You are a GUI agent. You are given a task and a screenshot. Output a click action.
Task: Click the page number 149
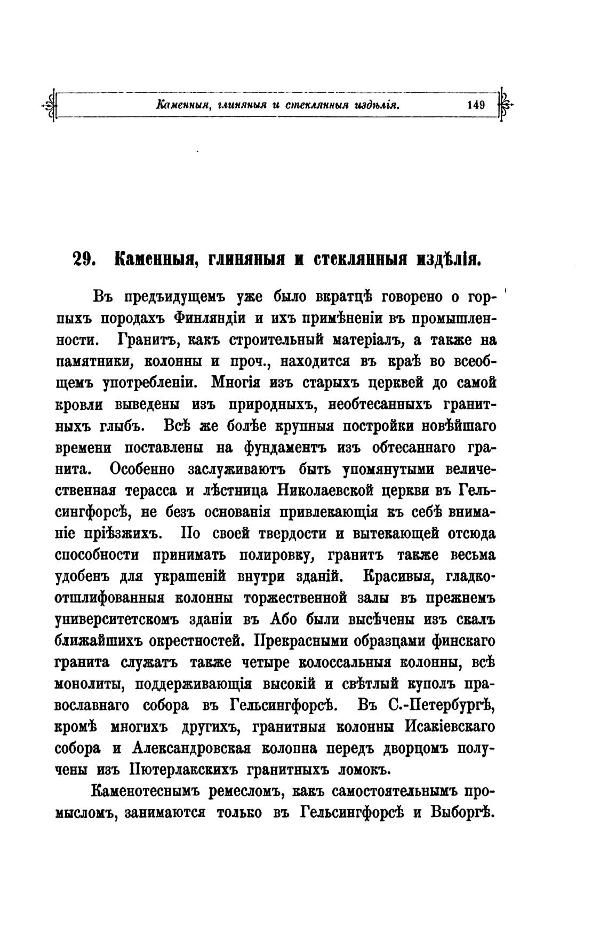[x=475, y=105]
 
